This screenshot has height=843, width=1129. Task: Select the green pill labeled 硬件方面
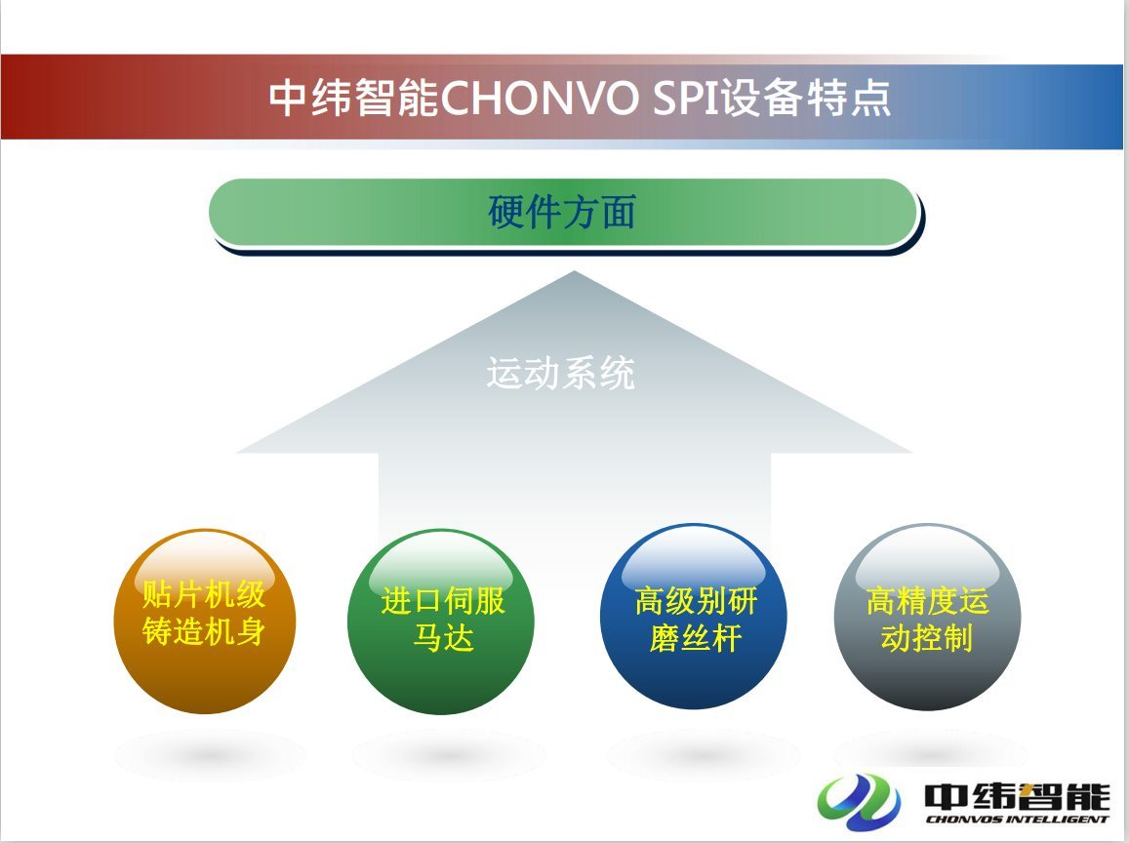(564, 213)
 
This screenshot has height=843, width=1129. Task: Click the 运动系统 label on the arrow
(560, 373)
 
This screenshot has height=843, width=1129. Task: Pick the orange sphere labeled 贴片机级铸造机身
(205, 622)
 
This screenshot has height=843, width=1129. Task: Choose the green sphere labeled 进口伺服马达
(441, 622)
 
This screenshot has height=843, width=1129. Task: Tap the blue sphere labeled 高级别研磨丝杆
(694, 617)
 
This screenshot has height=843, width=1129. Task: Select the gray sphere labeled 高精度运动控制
(927, 617)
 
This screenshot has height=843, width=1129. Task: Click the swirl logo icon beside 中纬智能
(859, 800)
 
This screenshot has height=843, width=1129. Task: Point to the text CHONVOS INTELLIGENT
(1017, 819)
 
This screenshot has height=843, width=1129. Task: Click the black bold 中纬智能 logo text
(1017, 795)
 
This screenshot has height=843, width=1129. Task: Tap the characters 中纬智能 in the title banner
(353, 98)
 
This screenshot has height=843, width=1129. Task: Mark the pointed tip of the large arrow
(574, 271)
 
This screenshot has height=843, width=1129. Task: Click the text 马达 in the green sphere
(443, 638)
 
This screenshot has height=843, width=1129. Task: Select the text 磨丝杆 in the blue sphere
(695, 638)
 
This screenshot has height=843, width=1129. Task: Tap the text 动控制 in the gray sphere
(927, 638)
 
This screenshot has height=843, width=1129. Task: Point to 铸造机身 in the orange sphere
(204, 630)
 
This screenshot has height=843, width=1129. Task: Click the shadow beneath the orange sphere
(208, 754)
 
